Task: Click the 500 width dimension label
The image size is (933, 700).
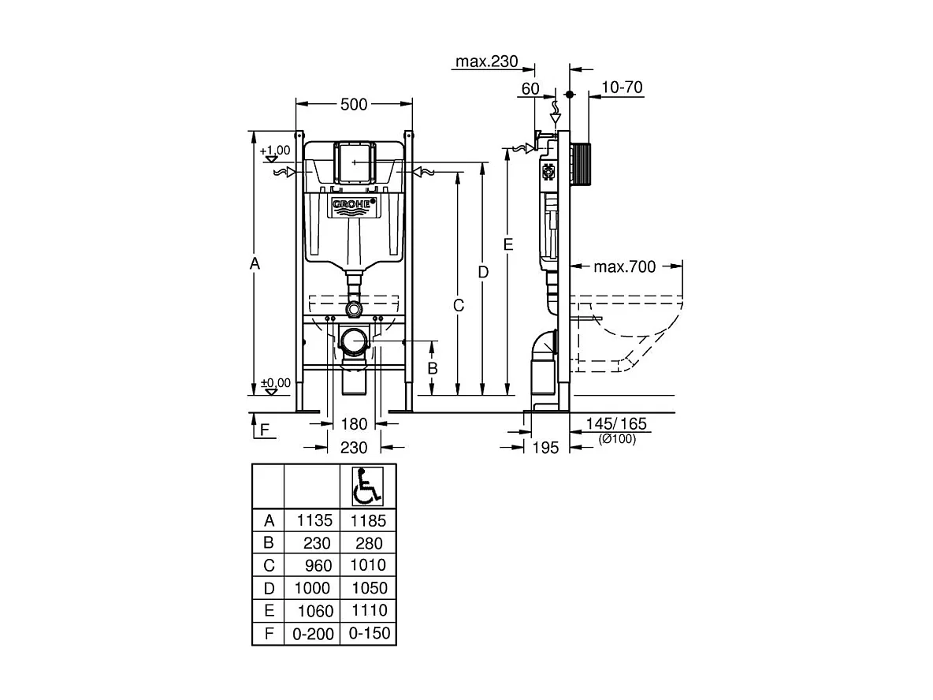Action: click(354, 103)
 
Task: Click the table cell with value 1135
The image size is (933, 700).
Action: click(314, 521)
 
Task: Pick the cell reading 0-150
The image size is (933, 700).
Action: click(369, 633)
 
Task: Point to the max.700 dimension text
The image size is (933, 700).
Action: click(624, 267)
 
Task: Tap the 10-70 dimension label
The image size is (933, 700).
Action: click(622, 87)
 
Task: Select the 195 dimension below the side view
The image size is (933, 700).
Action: click(545, 448)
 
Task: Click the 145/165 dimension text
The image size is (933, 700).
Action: click(616, 424)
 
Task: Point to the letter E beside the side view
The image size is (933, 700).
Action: click(509, 244)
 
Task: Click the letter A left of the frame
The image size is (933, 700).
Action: click(255, 264)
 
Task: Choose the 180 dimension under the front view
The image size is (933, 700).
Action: click(354, 424)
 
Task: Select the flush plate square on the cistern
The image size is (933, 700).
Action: click(353, 162)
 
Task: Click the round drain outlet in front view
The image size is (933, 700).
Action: click(354, 342)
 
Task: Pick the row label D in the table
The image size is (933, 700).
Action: click(269, 588)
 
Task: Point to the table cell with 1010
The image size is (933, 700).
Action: click(369, 565)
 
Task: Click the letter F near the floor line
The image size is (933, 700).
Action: click(264, 430)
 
